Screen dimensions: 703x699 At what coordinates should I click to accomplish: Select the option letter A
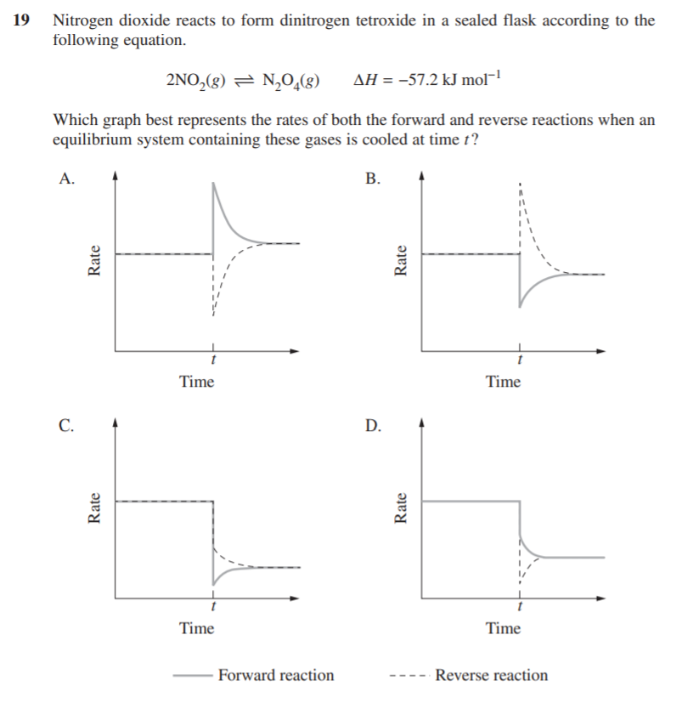point(67,179)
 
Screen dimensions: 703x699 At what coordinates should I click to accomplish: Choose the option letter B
point(373,179)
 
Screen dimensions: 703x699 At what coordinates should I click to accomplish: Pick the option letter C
point(67,426)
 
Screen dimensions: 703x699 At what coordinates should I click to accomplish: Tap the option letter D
point(373,426)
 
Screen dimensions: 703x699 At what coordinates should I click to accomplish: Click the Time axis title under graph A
point(197,382)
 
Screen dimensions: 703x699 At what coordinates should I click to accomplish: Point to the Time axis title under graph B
point(503,382)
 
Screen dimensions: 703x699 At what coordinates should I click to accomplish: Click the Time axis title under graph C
point(197,628)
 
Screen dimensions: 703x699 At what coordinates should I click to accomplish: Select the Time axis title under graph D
point(503,628)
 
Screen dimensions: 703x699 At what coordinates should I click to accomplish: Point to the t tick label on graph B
point(519,361)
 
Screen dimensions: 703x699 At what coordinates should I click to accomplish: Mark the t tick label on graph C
point(213,609)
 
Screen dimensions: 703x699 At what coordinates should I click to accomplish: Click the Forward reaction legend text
point(276,675)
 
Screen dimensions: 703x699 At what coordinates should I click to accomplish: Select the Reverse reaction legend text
point(491,675)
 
